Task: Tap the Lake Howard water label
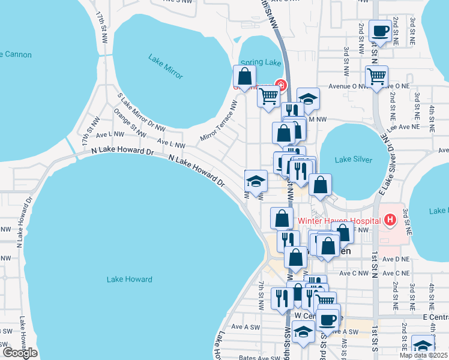click(x=129, y=279)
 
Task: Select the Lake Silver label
click(x=354, y=160)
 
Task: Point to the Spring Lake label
click(x=261, y=62)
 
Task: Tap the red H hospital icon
click(x=391, y=220)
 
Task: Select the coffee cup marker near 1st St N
click(x=380, y=30)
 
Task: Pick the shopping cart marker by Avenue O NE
click(x=376, y=76)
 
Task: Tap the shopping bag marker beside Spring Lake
click(x=244, y=76)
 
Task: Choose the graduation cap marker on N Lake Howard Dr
click(x=256, y=181)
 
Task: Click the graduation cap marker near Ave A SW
click(x=304, y=332)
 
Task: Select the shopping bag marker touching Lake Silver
click(x=321, y=185)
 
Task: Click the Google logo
click(x=19, y=353)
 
